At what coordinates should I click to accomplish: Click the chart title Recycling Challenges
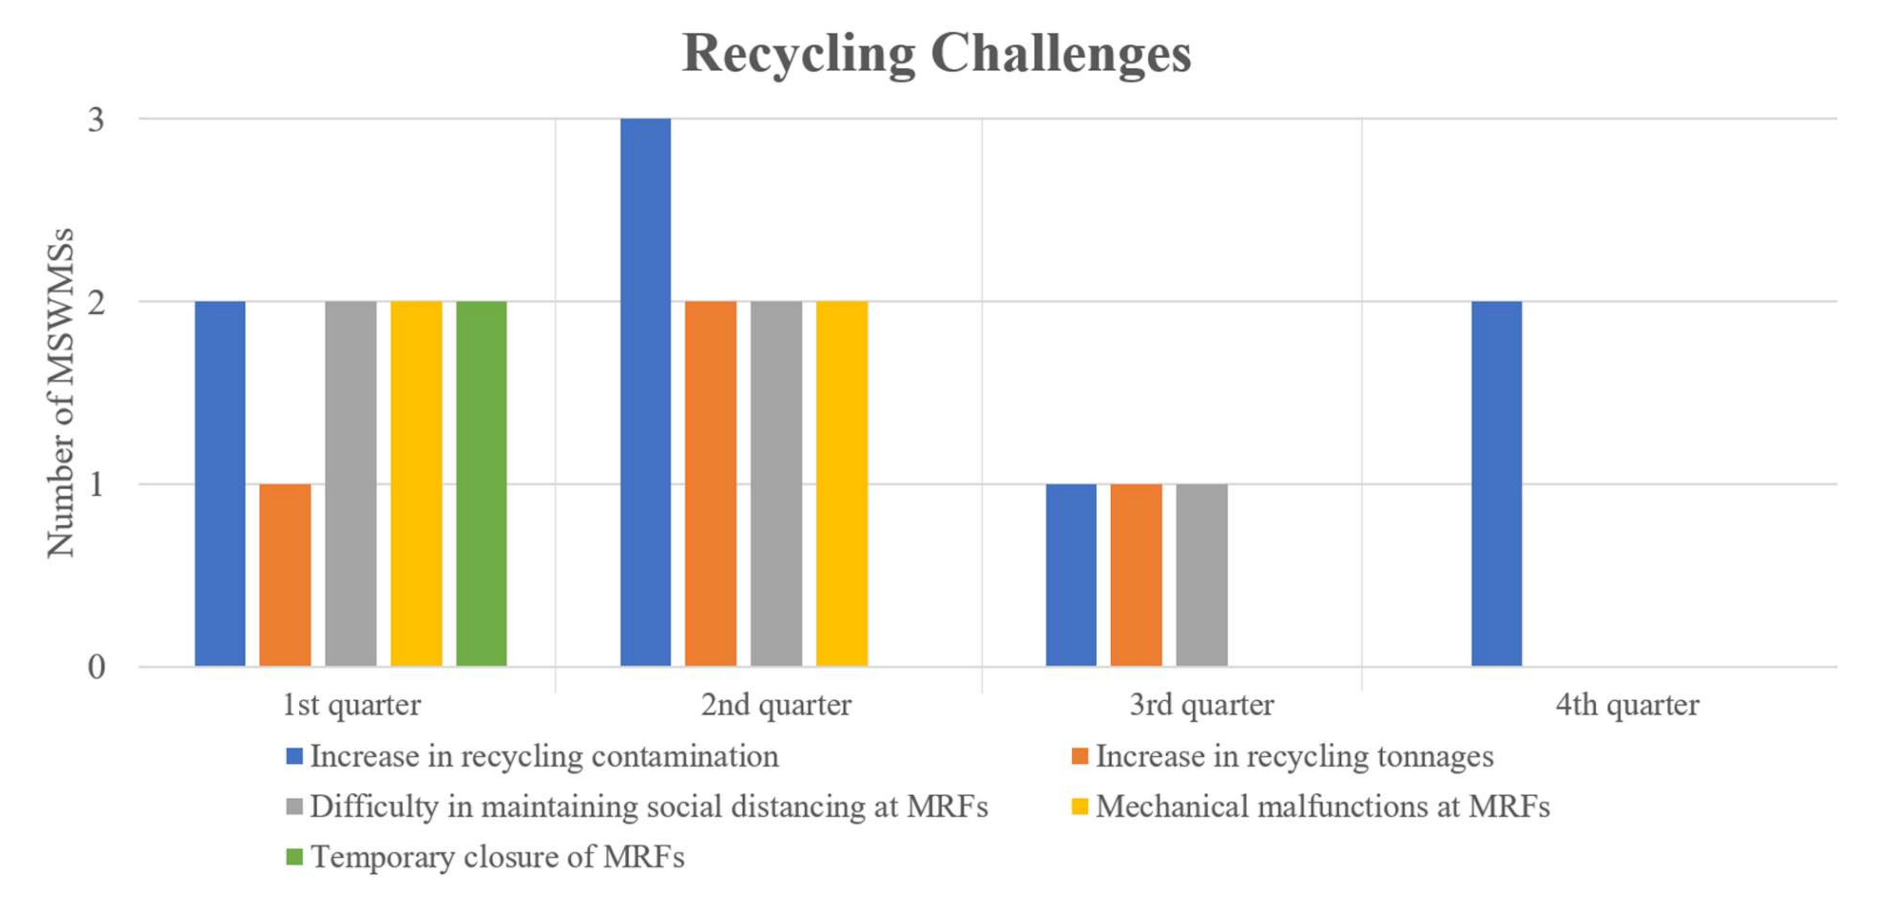point(936,53)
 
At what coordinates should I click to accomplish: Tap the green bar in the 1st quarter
point(481,483)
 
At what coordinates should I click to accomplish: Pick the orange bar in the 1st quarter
point(285,575)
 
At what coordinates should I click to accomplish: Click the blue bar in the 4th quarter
point(1496,483)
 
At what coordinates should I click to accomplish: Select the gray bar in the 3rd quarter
point(1201,575)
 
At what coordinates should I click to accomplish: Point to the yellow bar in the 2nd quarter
point(841,483)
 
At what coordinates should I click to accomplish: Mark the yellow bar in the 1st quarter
point(416,483)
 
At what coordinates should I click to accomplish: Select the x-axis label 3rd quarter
point(1201,705)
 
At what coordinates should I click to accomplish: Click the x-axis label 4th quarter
point(1626,705)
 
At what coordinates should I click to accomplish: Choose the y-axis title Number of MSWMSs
point(61,392)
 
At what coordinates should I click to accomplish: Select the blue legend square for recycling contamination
point(294,756)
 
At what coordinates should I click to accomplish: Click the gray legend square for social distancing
point(294,806)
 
